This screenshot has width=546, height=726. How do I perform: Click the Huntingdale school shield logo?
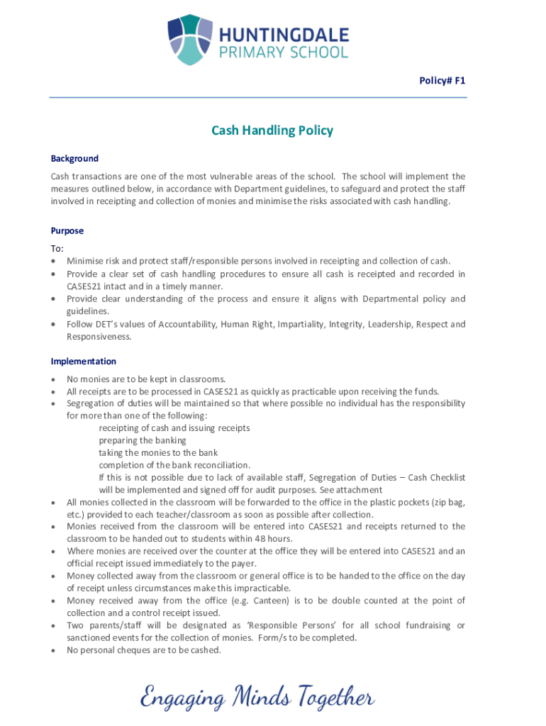click(x=190, y=40)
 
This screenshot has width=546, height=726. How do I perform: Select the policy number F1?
click(x=460, y=82)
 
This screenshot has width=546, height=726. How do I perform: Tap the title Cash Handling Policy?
click(x=272, y=130)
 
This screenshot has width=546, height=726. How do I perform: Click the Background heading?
click(x=74, y=158)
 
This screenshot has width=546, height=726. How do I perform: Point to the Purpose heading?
click(x=67, y=230)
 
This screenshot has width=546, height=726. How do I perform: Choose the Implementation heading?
click(x=83, y=361)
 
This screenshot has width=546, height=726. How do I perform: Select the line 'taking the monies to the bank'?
click(x=158, y=452)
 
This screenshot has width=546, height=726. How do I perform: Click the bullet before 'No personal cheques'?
click(x=54, y=650)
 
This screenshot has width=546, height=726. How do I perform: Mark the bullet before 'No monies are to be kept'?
click(x=54, y=379)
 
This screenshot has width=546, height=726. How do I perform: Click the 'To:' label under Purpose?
click(x=57, y=249)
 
